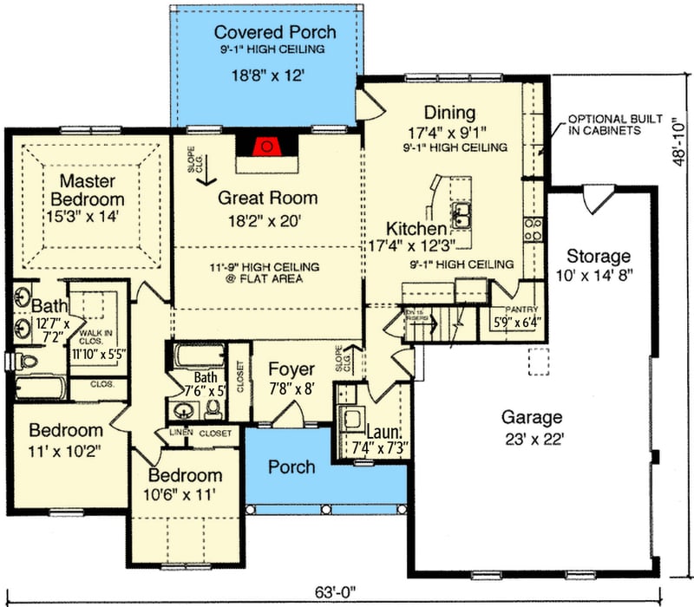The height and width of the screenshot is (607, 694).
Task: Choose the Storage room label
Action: point(598,257)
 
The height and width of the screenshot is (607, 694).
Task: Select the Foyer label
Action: point(291,368)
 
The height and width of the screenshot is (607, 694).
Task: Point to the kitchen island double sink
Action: point(462,211)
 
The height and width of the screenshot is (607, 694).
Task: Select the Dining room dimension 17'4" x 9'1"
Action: point(448,133)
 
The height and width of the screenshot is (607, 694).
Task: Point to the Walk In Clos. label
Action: point(95,337)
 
